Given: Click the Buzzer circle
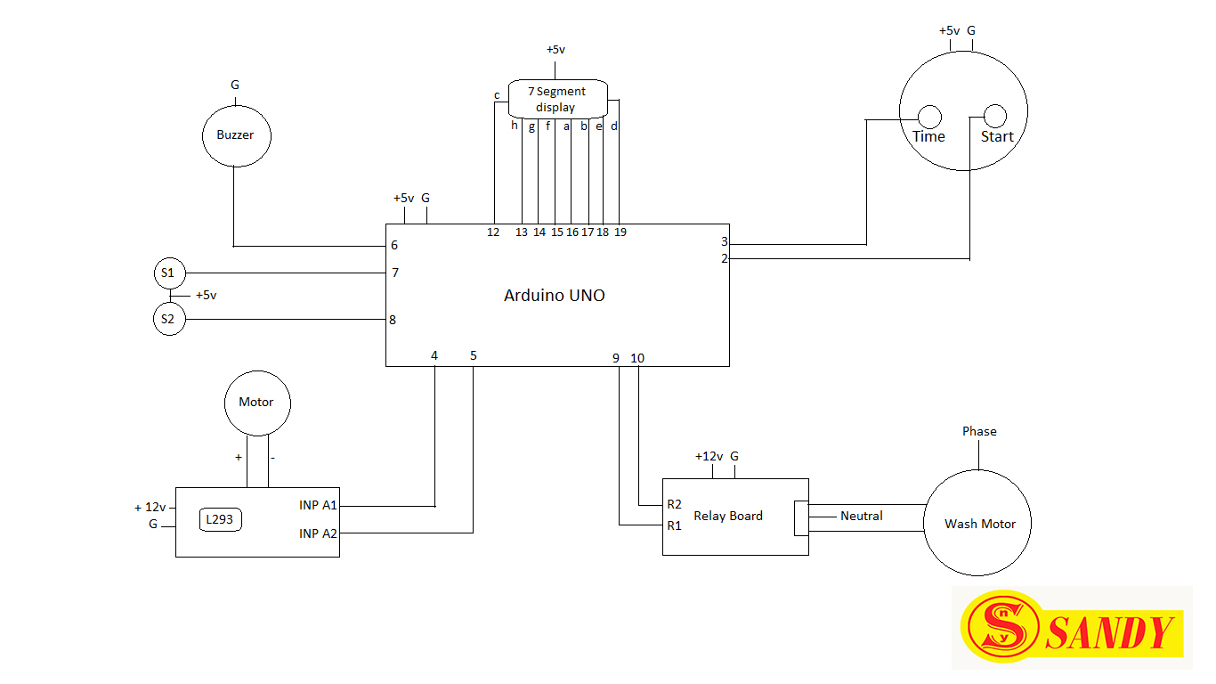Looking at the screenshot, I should pyautogui.click(x=235, y=135).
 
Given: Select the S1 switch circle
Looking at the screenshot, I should pyautogui.click(x=168, y=273).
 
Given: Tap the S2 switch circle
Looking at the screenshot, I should pyautogui.click(x=168, y=319).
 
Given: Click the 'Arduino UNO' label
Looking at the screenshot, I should pyautogui.click(x=554, y=296).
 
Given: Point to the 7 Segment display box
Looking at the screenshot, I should pyautogui.click(x=558, y=99).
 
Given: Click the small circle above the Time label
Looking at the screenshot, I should pyautogui.click(x=928, y=117).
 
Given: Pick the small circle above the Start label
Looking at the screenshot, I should pyautogui.click(x=993, y=117).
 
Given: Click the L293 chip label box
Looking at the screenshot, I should pyautogui.click(x=221, y=520).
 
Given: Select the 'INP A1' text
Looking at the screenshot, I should pyautogui.click(x=318, y=505).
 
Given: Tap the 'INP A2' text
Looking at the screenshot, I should pyautogui.click(x=318, y=533).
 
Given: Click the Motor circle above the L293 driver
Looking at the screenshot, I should pyautogui.click(x=256, y=403).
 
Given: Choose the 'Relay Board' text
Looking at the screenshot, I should pyautogui.click(x=727, y=516).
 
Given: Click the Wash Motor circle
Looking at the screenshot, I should pyautogui.click(x=979, y=524).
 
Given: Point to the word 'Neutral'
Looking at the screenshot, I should pyautogui.click(x=861, y=516).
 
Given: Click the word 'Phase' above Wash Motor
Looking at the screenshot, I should pyautogui.click(x=979, y=431).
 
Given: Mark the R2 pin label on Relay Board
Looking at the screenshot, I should pyautogui.click(x=674, y=504).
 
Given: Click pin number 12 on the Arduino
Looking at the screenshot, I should pyautogui.click(x=492, y=232).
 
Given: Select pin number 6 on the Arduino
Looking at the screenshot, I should pyautogui.click(x=393, y=245).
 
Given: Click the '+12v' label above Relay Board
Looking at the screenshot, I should pyautogui.click(x=708, y=456).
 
